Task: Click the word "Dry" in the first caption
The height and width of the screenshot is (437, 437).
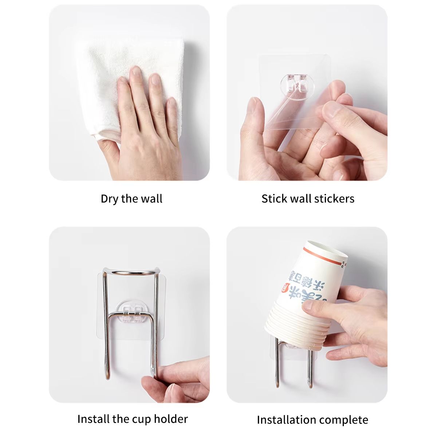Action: pyautogui.click(x=110, y=199)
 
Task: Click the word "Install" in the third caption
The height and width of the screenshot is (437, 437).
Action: pyautogui.click(x=93, y=419)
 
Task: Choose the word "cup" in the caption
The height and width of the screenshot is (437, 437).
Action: pyautogui.click(x=138, y=420)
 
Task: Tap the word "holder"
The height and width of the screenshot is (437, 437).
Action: pyautogui.click(x=170, y=419)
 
